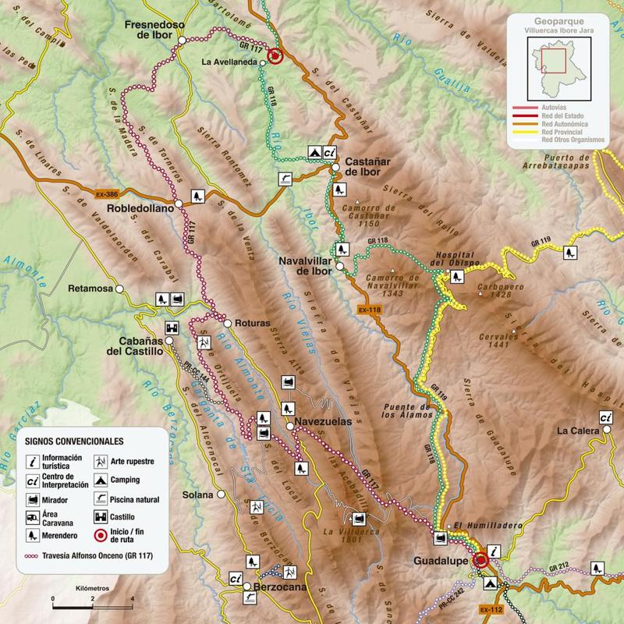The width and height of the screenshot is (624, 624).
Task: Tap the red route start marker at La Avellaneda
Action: coord(275,56)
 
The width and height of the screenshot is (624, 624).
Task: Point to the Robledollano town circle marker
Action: coord(179,203)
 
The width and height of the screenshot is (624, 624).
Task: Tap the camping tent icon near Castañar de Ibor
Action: coord(314,152)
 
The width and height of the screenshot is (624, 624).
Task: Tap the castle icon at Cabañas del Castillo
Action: coord(172,329)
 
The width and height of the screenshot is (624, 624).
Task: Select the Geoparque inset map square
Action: coord(555,60)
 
